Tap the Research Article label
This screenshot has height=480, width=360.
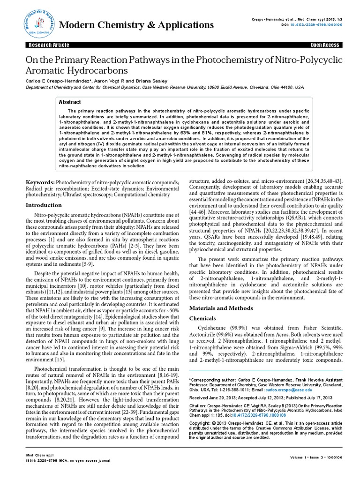[x=49, y=45]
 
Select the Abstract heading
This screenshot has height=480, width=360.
[x=70, y=102]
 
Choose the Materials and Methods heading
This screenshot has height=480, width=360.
[x=220, y=308]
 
